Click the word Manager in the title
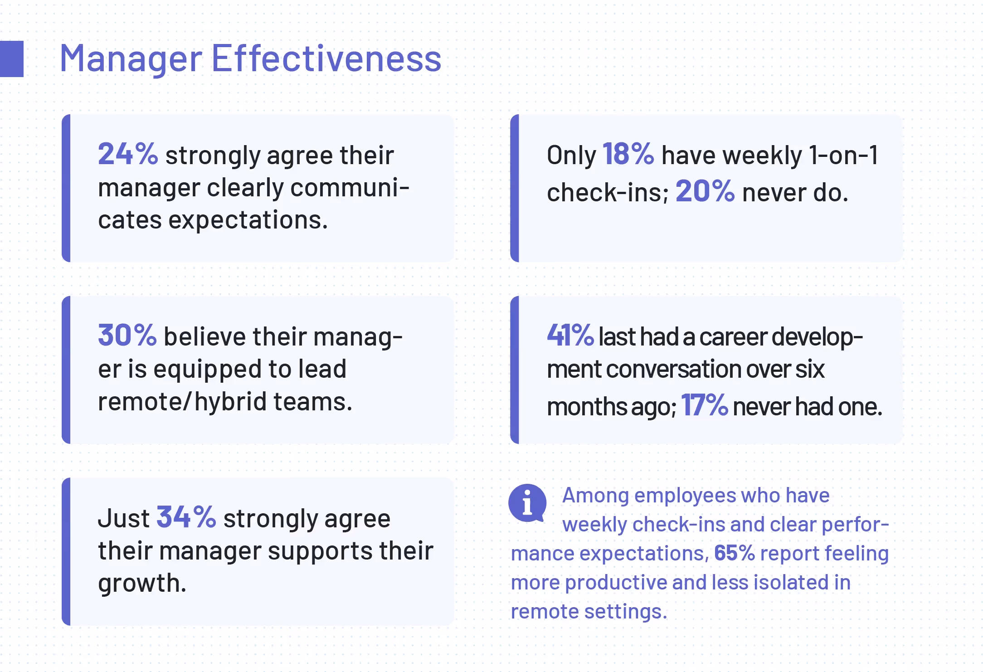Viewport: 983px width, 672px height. click(131, 59)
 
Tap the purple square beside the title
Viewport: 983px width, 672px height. click(12, 59)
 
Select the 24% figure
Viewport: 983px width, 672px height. click(128, 154)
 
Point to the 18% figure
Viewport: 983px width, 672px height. click(628, 154)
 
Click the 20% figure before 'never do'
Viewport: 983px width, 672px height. click(705, 191)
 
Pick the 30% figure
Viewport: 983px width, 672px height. click(127, 335)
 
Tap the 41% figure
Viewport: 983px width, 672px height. click(570, 335)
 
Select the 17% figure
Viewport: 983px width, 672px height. click(704, 405)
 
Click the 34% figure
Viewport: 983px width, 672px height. click(186, 517)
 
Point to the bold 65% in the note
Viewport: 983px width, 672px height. click(735, 553)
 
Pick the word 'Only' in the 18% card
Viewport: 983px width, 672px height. click(571, 155)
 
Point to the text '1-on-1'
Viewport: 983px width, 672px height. click(844, 155)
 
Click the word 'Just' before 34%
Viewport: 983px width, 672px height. click(123, 518)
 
